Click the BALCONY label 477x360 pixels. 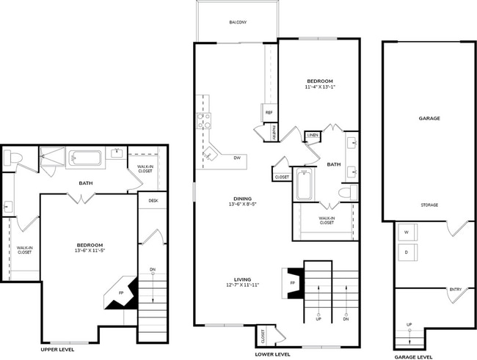click(237, 22)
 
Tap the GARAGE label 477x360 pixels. click(429, 117)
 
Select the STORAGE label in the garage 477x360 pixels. click(429, 205)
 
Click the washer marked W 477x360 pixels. click(406, 233)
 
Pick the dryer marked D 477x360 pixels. click(406, 253)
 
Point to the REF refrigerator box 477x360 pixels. click(269, 113)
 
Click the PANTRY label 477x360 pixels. click(273, 133)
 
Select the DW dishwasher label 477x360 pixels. click(237, 158)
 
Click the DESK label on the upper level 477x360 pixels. click(153, 200)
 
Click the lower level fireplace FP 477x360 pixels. click(293, 282)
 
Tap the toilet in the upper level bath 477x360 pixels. click(13, 158)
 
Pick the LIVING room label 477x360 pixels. click(242, 279)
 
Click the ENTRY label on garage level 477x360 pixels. click(455, 290)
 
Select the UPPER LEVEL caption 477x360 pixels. click(65, 350)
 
